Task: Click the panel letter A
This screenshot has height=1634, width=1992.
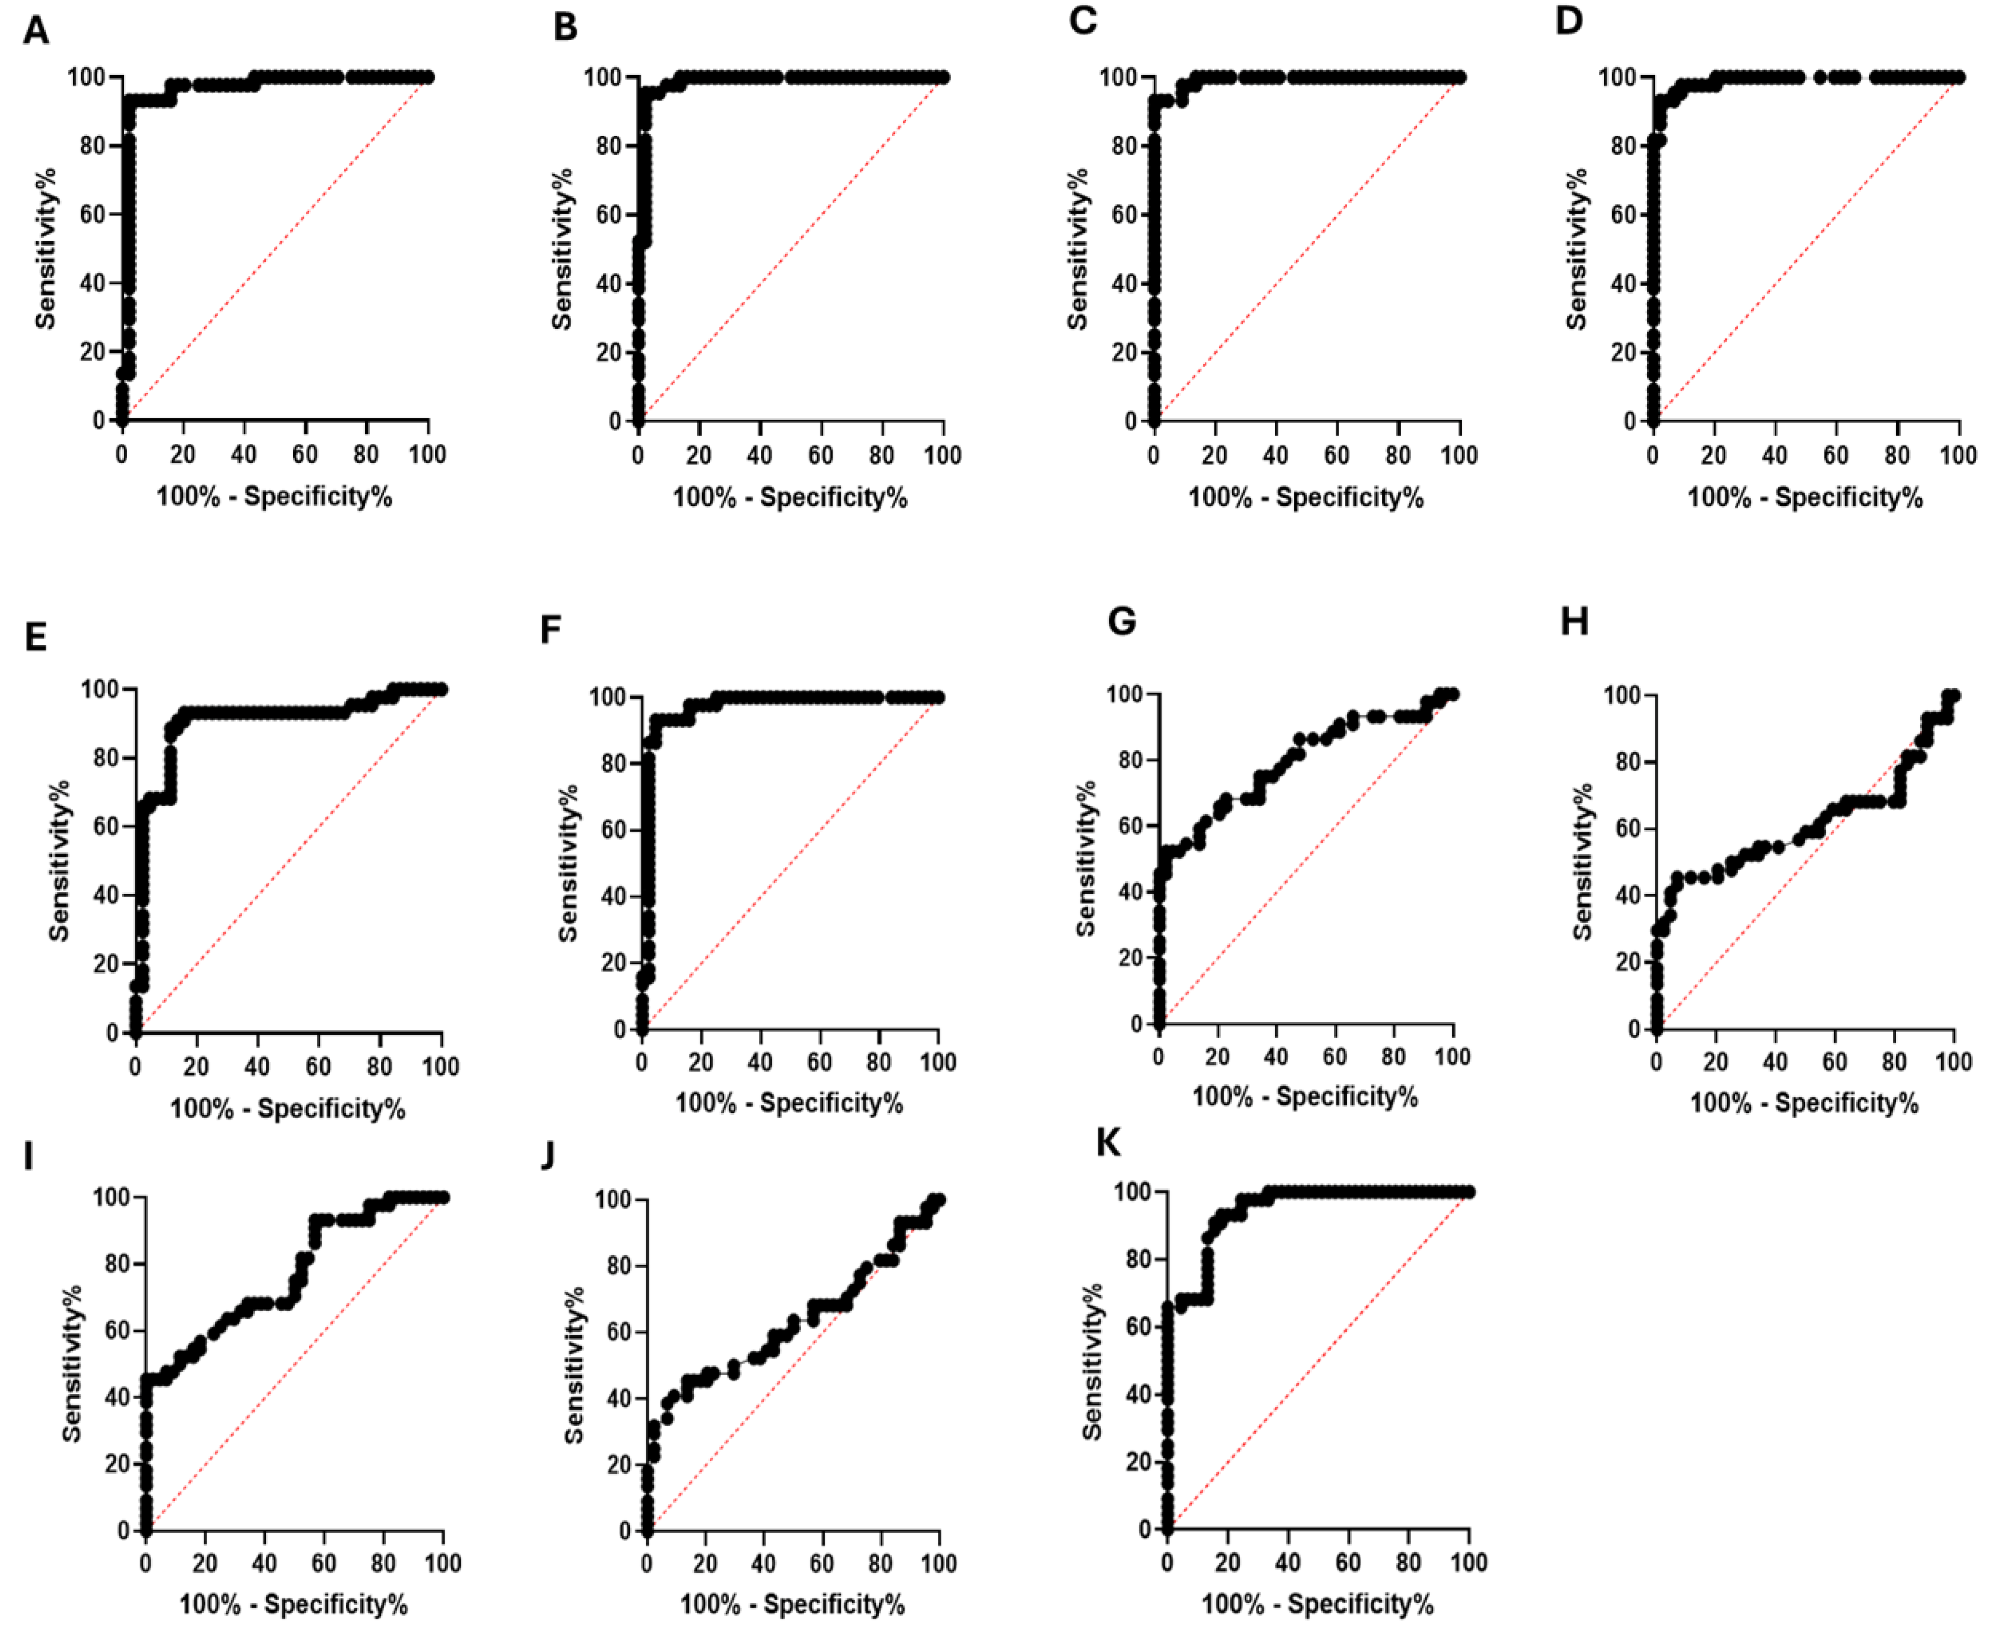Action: [36, 31]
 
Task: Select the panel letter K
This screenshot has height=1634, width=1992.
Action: [1109, 1143]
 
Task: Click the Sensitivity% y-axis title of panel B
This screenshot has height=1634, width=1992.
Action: [562, 249]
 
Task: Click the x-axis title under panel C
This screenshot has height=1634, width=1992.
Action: [1306, 497]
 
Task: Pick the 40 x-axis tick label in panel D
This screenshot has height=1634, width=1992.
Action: [1774, 455]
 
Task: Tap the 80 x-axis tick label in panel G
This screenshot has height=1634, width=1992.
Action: [1393, 1056]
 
